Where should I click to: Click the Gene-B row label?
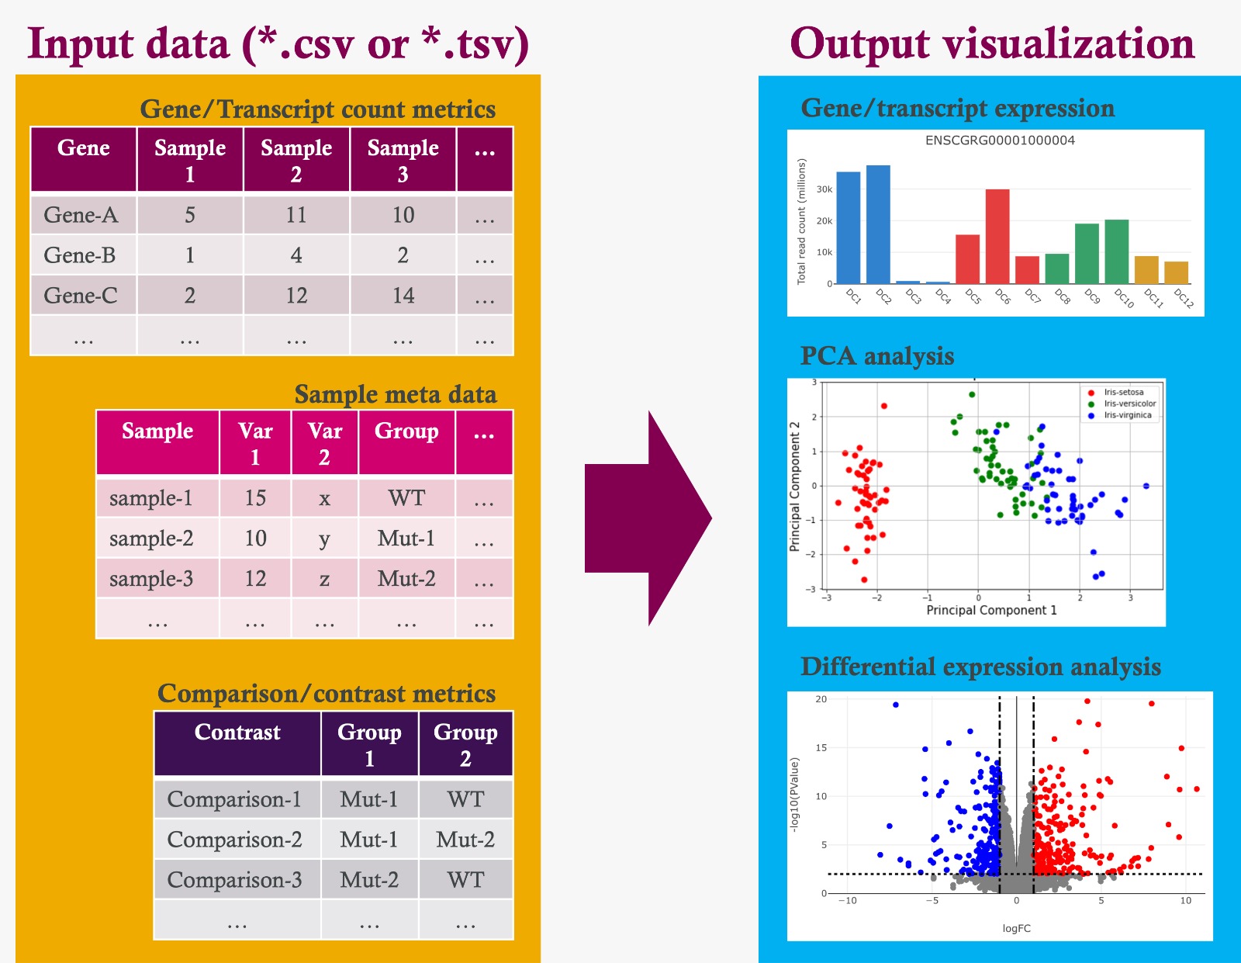[80, 255]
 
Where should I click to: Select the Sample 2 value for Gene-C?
[296, 296]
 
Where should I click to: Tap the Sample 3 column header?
[403, 160]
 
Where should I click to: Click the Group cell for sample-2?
[406, 539]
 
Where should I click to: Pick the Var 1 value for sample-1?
[255, 498]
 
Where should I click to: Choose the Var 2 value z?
[324, 579]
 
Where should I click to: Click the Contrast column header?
[237, 733]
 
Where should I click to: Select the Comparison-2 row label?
[234, 840]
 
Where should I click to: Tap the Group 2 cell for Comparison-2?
[465, 840]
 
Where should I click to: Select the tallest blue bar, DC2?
[878, 224]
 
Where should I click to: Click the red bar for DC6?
[997, 236]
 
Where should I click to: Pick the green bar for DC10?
[1116, 251]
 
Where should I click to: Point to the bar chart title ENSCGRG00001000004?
[1000, 140]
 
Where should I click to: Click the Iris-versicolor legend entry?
[1129, 404]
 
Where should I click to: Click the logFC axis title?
[1016, 928]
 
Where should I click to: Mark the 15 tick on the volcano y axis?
[821, 748]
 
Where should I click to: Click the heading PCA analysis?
[877, 356]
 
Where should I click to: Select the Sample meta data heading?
[396, 394]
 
